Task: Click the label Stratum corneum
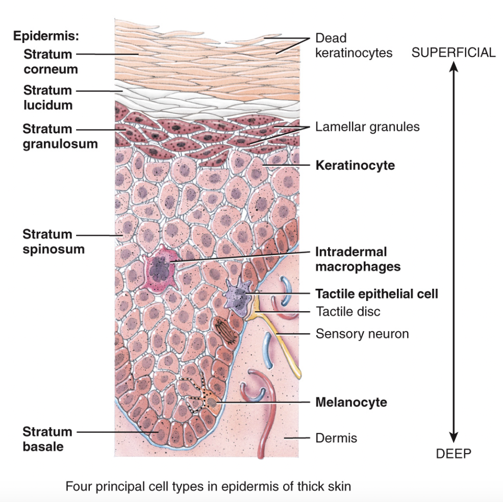[x=50, y=61]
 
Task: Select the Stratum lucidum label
[x=47, y=97]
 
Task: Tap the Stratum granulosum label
[x=60, y=136]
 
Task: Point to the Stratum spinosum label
[x=54, y=242]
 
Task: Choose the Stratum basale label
[x=47, y=439]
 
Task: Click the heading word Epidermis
[x=45, y=37]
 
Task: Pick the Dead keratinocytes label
[x=354, y=45]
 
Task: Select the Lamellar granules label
[x=367, y=127]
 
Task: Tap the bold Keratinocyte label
[x=355, y=165]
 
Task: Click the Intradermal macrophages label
[x=358, y=259]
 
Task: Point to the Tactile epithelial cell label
[x=376, y=294]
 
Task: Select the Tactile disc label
[x=348, y=311]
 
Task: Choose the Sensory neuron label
[x=362, y=334]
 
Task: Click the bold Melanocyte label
[x=351, y=402]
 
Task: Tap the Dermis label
[x=336, y=437]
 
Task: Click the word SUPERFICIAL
[x=453, y=53]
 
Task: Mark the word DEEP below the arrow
[x=453, y=454]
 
